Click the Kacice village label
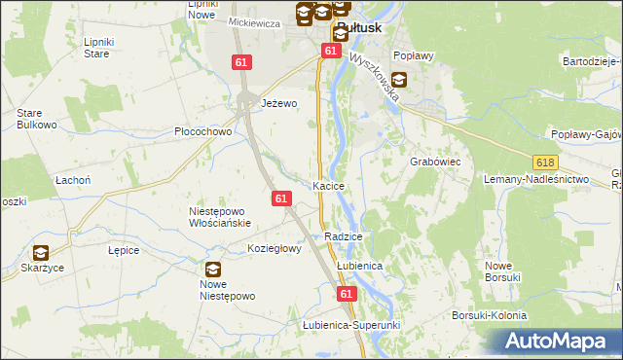pos(329,186)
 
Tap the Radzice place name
pos(345,236)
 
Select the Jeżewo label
pos(278,102)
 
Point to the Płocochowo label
pos(202,131)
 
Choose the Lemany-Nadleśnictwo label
pos(537,180)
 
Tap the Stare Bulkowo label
pos(34,119)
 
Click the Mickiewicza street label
pos(254,22)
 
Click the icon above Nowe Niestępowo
pos(212,270)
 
